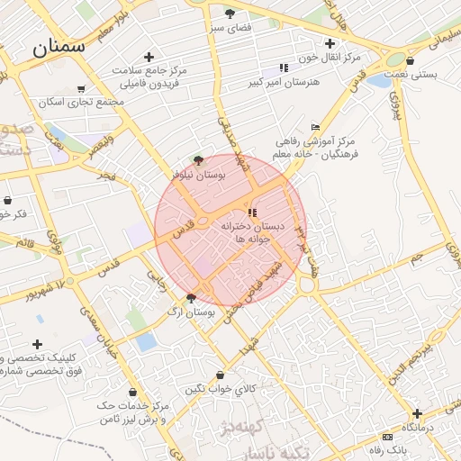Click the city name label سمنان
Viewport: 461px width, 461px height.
coord(59,47)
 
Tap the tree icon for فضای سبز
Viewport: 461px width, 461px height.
coord(230,14)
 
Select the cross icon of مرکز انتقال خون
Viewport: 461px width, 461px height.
coord(330,43)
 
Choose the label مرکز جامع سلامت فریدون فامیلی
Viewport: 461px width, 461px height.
coord(149,76)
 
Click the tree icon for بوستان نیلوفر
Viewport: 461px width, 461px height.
coord(198,158)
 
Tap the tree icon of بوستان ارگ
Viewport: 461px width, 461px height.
coord(191,297)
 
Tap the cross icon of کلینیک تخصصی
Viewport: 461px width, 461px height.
coord(37,344)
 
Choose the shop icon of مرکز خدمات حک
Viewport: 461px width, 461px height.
coord(134,393)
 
